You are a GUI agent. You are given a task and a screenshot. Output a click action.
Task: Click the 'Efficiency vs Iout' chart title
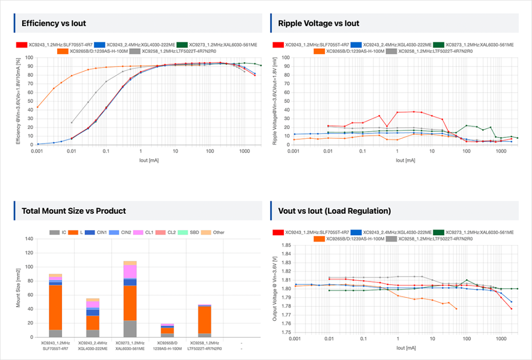point(54,23)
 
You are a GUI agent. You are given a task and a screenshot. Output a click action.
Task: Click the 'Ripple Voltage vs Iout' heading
point(318,23)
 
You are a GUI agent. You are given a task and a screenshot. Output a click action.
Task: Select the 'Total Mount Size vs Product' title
point(73,211)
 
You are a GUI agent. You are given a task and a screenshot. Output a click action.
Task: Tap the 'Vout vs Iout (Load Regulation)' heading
point(334,211)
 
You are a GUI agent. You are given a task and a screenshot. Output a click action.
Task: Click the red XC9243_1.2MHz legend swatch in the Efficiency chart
point(22,45)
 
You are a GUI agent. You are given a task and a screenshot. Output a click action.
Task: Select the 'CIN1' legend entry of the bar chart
point(99,232)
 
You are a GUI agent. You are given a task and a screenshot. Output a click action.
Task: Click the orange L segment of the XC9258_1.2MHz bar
point(204,320)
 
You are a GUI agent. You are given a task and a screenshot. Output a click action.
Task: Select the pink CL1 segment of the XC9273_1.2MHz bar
point(130,271)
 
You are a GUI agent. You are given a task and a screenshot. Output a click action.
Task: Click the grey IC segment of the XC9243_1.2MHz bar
point(55,333)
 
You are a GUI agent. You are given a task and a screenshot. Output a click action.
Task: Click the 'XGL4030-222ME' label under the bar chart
point(93,349)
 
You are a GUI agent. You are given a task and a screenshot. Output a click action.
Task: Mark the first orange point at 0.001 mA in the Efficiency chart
point(37,107)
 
